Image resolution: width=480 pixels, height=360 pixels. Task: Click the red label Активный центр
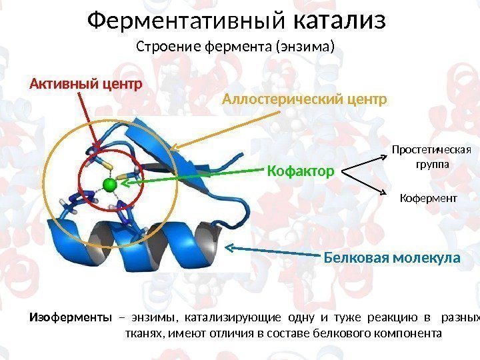[x=86, y=84]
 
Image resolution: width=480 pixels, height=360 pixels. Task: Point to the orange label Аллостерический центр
[x=304, y=100]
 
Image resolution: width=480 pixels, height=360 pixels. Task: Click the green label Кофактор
[x=300, y=172]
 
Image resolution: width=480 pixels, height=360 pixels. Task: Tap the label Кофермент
[x=428, y=198]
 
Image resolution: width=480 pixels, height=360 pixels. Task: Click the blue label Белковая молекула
[x=392, y=257]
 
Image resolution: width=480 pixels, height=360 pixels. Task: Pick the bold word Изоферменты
[x=69, y=317]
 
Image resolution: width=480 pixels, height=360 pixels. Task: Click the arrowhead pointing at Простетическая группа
[x=385, y=157]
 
